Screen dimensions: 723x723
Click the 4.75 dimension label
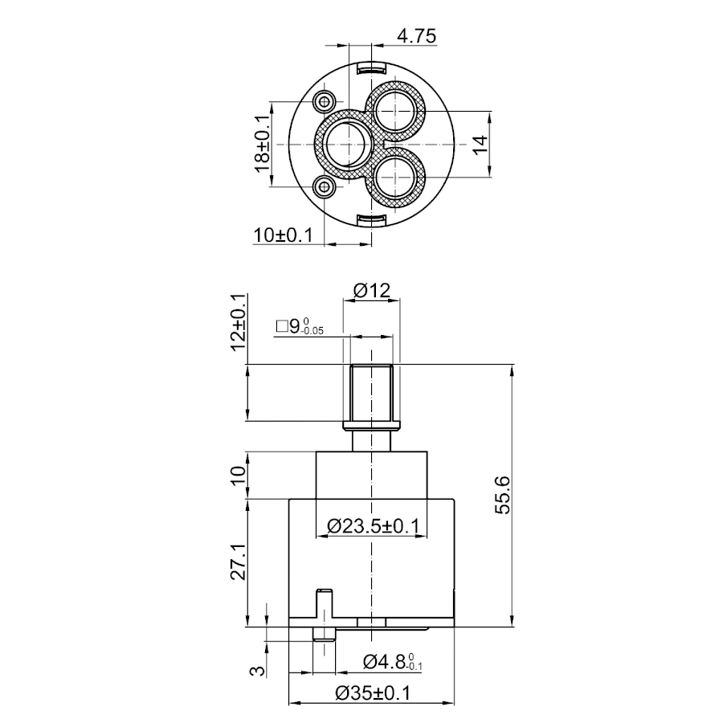416,36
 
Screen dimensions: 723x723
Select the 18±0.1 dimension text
263,144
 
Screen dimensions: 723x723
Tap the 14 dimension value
480,145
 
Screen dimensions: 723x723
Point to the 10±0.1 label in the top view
283,235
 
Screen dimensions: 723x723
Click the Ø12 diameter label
372,291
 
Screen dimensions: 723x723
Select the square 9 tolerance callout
300,326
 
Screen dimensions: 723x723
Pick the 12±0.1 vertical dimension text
238,322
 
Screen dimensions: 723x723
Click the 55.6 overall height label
502,495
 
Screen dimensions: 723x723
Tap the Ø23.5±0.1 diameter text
373,525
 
